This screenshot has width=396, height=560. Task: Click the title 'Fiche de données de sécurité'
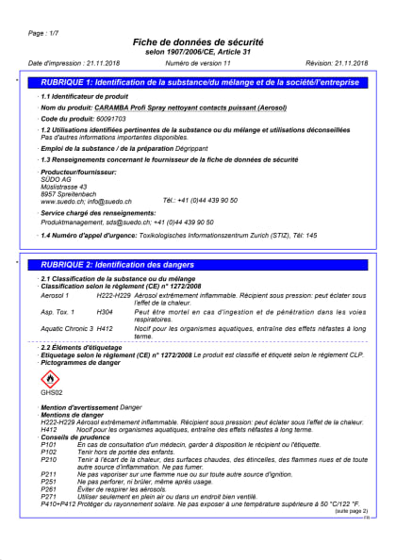[x=198, y=43]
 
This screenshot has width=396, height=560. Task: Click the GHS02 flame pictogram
[x=51, y=377]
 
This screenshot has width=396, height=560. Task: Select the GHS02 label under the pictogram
[x=51, y=391]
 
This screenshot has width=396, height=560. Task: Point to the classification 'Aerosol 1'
[x=56, y=296]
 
